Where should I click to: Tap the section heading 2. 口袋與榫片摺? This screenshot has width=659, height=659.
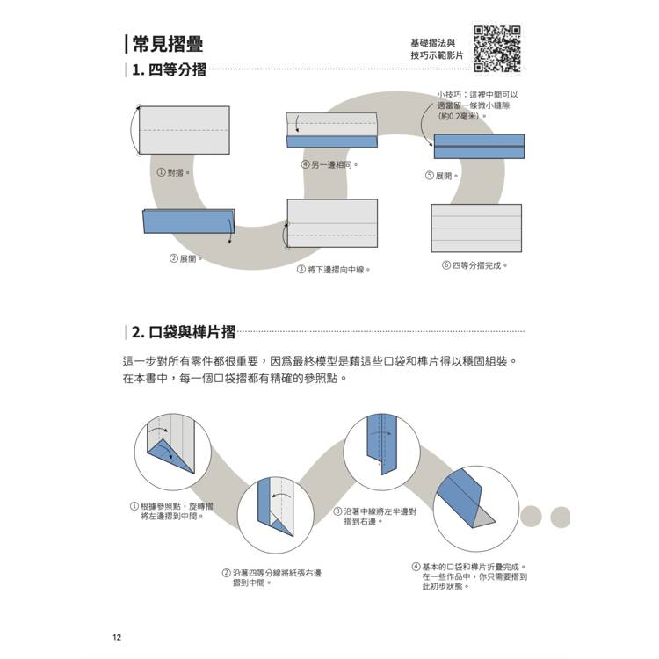pos(184,332)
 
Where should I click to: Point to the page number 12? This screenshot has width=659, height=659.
pos(118,637)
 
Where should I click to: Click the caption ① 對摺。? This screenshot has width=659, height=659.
pos(173,173)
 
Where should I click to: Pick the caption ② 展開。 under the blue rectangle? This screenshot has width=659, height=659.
pos(185,258)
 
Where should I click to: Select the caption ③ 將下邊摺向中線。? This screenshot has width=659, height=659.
pos(333,270)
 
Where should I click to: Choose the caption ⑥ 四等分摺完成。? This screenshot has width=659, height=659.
pos(474,264)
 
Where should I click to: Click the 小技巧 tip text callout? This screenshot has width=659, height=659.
pos(479,105)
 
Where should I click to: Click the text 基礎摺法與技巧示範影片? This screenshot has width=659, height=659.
pos(432,49)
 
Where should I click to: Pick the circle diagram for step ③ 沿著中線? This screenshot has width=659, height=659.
pos(379,445)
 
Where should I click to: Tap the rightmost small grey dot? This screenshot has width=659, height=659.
pos(559,518)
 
